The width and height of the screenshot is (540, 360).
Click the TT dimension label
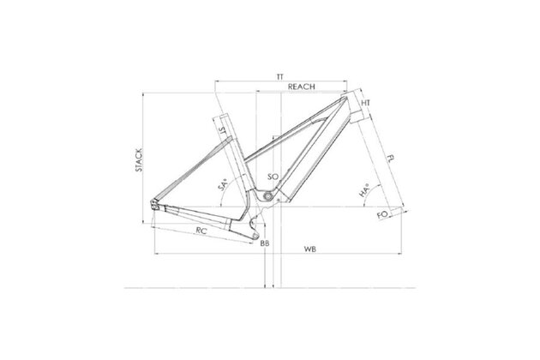coord(280,77)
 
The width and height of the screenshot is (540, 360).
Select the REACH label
coord(302,87)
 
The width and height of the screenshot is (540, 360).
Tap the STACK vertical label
coord(139,160)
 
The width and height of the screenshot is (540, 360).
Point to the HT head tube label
coord(366,103)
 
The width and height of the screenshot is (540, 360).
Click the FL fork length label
coord(391,159)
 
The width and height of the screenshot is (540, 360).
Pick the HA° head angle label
coord(364,190)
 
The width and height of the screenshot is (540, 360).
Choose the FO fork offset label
coord(382,215)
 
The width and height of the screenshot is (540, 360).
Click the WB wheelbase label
coord(310,249)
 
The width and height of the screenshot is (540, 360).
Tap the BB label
coord(265,243)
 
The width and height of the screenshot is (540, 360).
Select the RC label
coord(201,231)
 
